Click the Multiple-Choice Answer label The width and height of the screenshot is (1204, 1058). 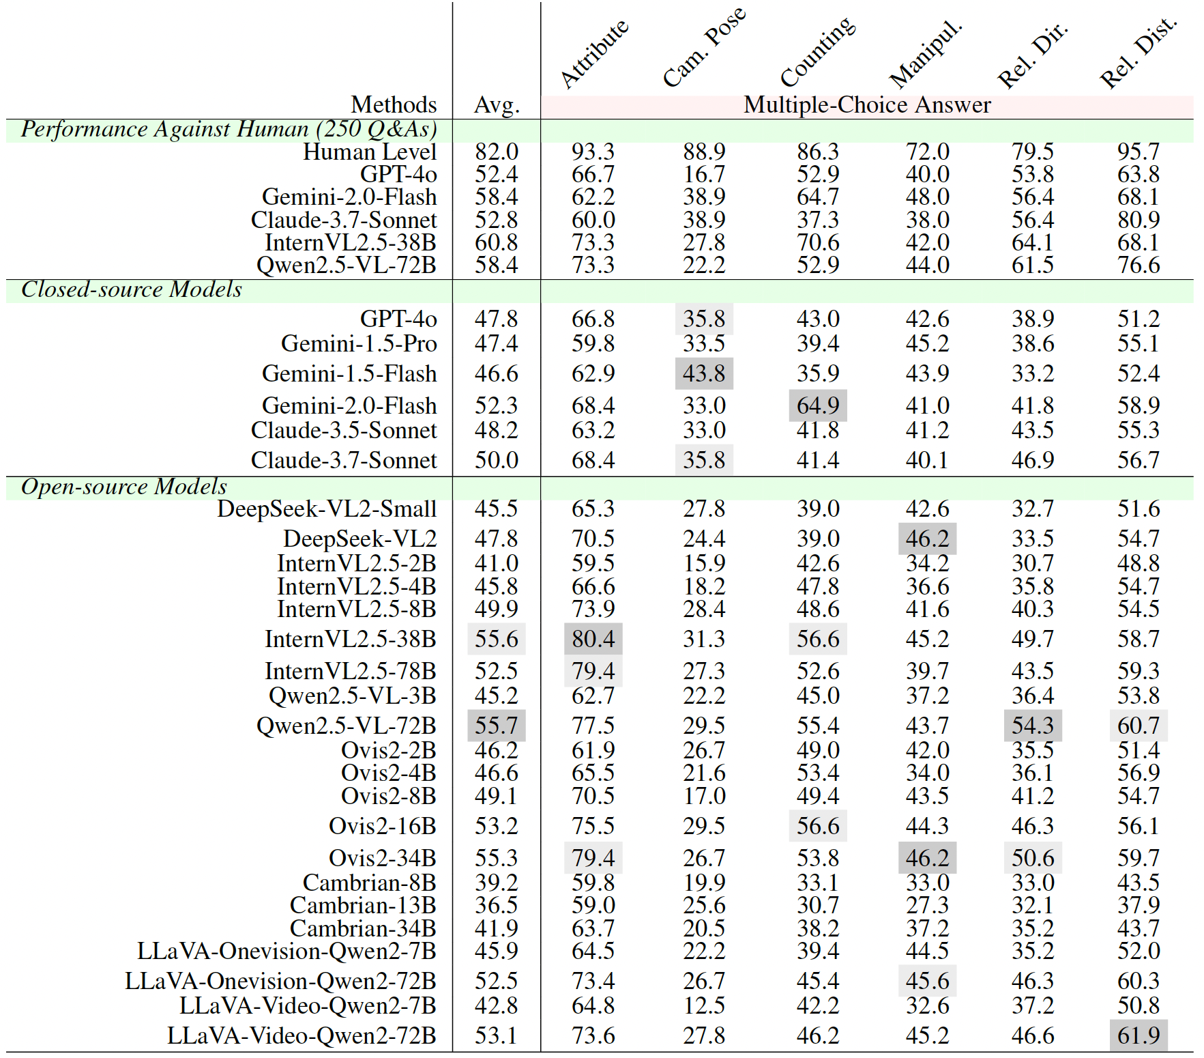click(x=867, y=105)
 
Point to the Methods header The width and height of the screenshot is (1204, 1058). click(x=394, y=105)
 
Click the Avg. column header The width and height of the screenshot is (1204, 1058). click(x=497, y=106)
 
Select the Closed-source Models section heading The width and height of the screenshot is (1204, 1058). click(x=132, y=289)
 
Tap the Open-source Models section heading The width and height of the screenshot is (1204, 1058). click(x=124, y=487)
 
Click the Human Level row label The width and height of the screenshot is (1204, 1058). click(x=370, y=152)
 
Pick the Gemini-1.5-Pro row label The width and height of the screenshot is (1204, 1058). click(x=359, y=343)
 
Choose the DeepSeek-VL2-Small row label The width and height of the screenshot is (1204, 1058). click(x=327, y=509)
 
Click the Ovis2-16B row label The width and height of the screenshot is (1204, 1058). click(x=383, y=826)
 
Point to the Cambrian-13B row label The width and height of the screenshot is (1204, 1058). click(x=363, y=905)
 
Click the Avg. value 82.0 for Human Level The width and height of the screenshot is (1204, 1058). click(x=497, y=152)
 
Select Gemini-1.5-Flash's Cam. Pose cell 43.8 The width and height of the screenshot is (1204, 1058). click(x=704, y=374)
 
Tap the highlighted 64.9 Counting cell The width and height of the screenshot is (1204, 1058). click(x=818, y=405)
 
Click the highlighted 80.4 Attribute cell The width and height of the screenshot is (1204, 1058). click(x=593, y=639)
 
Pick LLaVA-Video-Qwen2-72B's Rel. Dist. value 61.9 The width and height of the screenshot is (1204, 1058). click(x=1139, y=1035)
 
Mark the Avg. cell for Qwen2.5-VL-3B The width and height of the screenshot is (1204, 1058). click(x=497, y=696)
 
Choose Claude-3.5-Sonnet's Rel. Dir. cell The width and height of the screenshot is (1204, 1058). click(x=1033, y=430)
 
